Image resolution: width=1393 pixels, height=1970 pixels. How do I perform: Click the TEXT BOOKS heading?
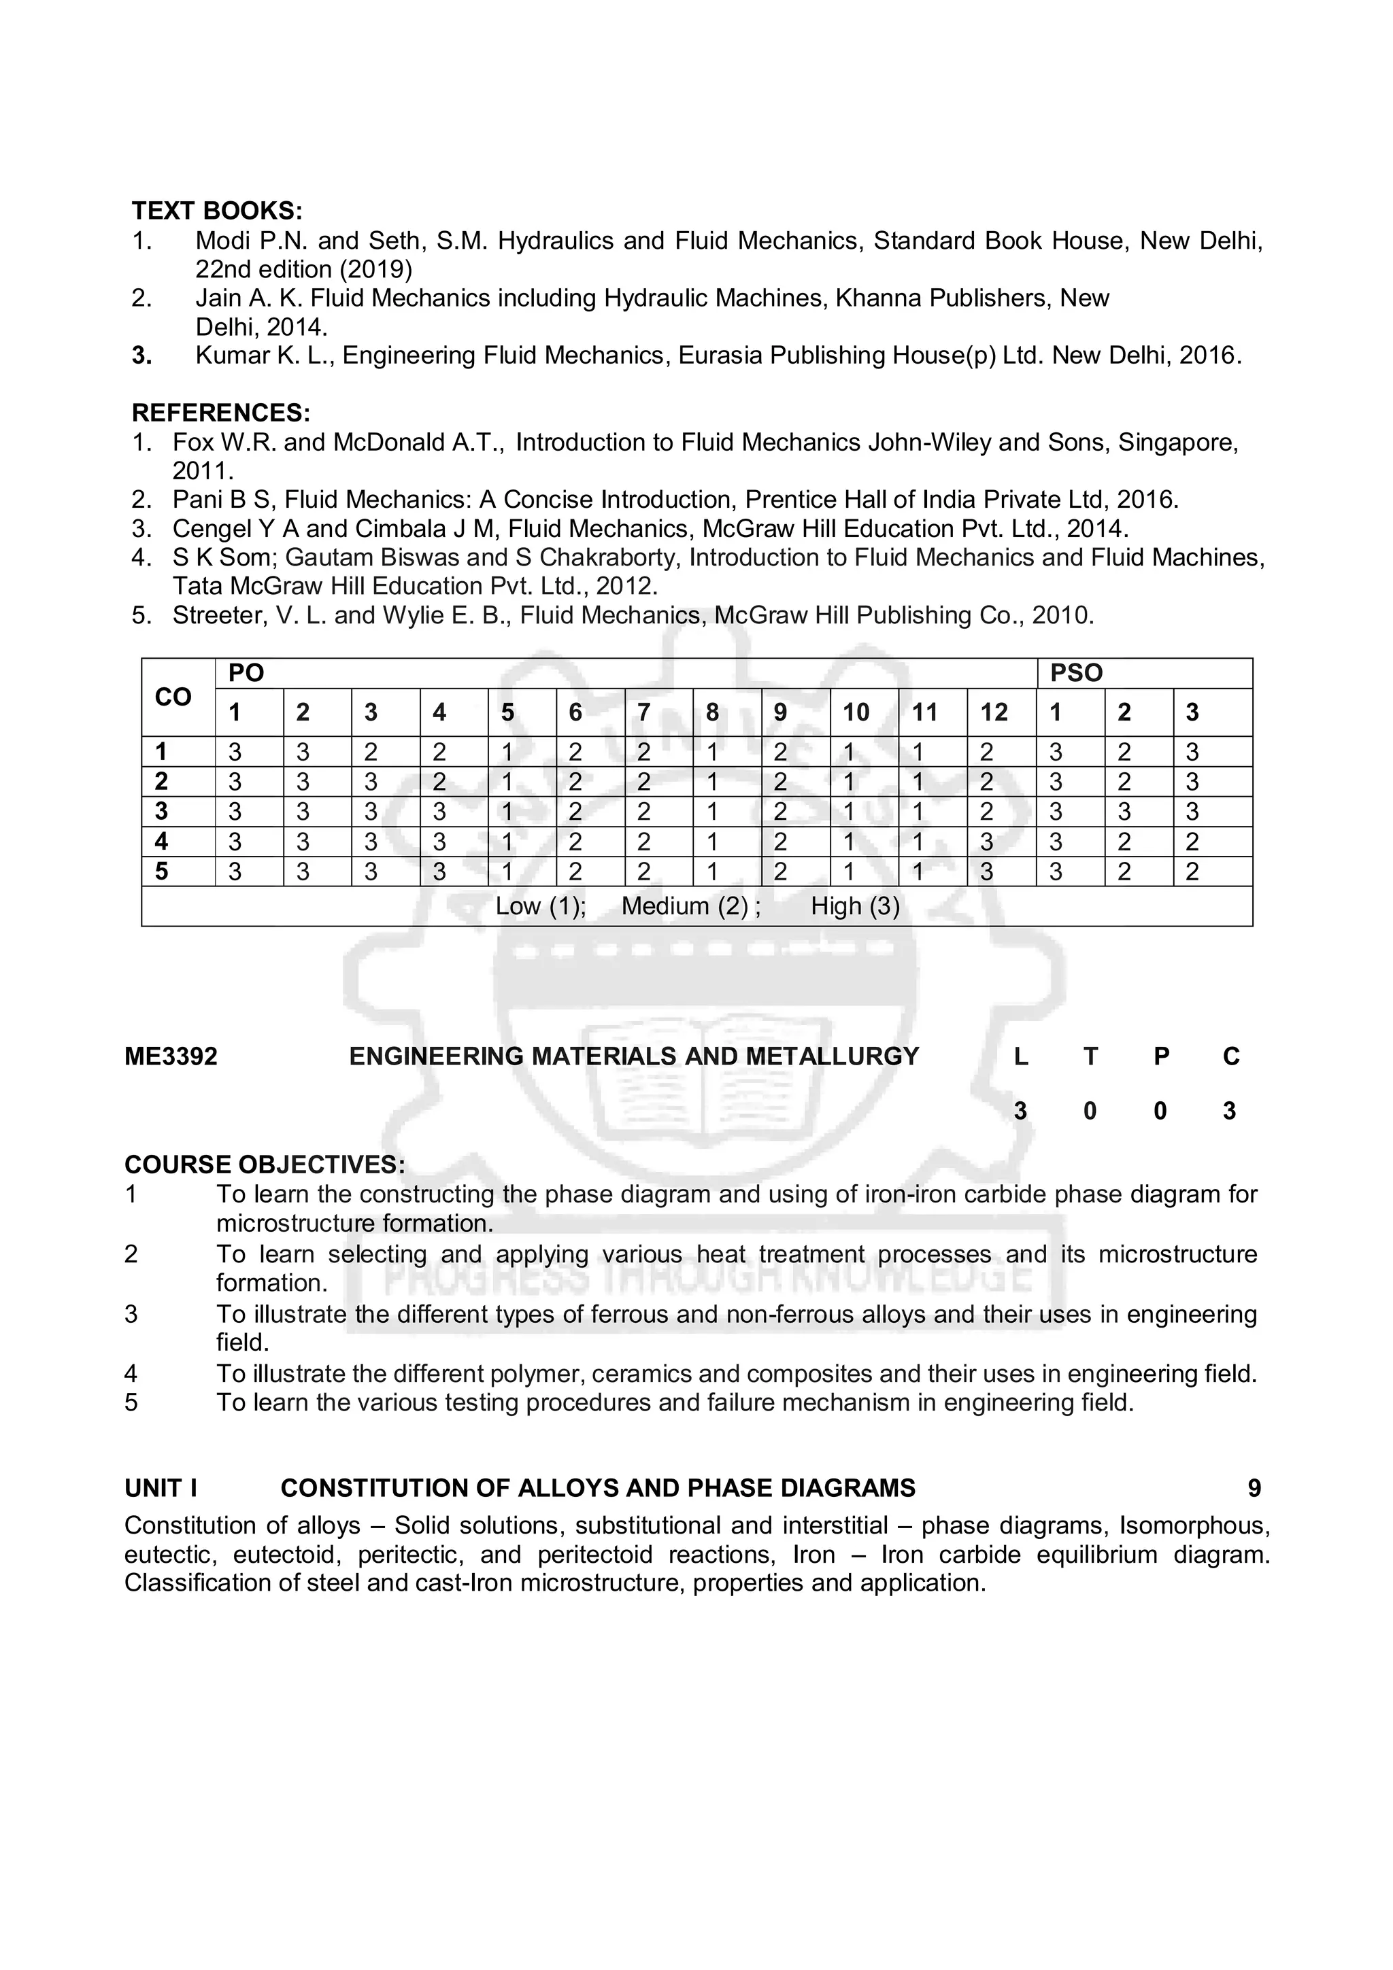[x=216, y=210]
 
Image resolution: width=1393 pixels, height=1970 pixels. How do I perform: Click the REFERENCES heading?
[x=220, y=413]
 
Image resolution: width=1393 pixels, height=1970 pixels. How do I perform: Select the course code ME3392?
[x=171, y=1056]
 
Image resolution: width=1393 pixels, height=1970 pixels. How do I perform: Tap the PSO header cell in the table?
[x=1075, y=673]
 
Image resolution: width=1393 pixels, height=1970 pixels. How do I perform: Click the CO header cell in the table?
[x=173, y=697]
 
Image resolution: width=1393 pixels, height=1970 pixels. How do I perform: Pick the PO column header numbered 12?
[x=994, y=712]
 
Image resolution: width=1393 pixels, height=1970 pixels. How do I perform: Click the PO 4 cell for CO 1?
[x=439, y=753]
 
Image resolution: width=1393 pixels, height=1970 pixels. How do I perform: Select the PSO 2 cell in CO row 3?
[x=1124, y=812]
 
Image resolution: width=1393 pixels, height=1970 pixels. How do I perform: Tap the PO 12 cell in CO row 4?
[x=987, y=842]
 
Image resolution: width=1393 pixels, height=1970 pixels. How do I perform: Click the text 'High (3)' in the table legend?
[x=855, y=906]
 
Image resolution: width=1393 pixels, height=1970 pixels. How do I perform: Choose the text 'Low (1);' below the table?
[x=541, y=906]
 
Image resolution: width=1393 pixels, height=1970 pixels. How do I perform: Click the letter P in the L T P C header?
[x=1160, y=1056]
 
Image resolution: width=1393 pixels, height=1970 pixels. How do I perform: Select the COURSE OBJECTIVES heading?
[x=265, y=1164]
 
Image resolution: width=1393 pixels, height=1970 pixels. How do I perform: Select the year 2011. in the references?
[x=203, y=471]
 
